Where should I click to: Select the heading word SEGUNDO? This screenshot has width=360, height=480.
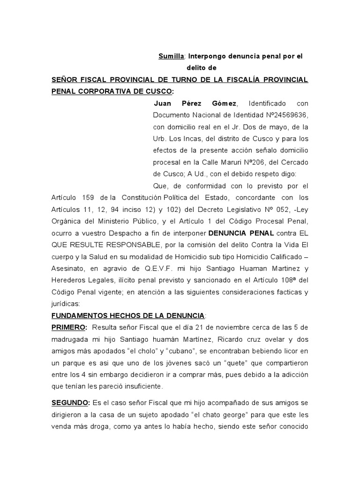tap(70, 403)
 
